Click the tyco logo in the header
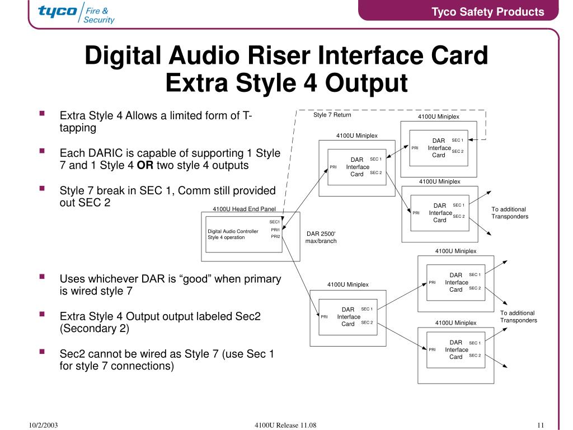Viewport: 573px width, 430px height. tap(58, 11)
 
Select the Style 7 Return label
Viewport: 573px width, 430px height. tap(332, 115)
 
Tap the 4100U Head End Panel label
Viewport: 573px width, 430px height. tap(245, 209)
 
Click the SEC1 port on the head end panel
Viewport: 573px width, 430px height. tap(274, 222)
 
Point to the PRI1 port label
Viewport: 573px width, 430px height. tap(275, 230)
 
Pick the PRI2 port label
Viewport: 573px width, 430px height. tap(275, 236)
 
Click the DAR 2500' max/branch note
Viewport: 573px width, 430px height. tap(321, 237)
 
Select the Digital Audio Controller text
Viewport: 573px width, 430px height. tap(233, 231)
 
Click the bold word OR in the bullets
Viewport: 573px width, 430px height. tap(145, 166)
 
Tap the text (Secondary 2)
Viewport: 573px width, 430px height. tap(95, 329)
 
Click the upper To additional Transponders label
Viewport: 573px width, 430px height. tap(510, 213)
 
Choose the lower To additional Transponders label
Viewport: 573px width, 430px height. tap(518, 316)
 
